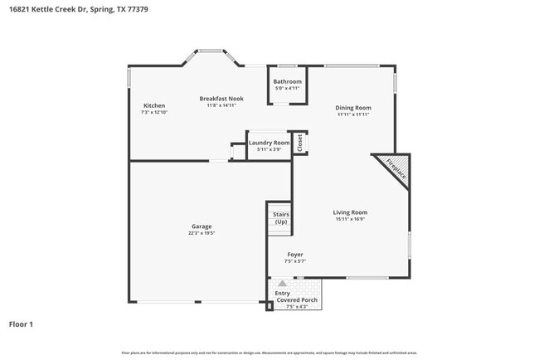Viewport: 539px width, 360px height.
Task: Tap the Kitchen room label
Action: [x=154, y=105]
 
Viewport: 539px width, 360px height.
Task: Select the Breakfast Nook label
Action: [x=221, y=98]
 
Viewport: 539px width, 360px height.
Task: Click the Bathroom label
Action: [x=288, y=81]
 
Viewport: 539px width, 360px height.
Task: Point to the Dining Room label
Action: [x=352, y=108]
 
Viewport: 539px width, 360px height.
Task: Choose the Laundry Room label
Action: [x=269, y=143]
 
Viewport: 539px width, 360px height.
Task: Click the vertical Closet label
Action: [x=300, y=143]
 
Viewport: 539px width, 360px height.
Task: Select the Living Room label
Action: [x=350, y=212]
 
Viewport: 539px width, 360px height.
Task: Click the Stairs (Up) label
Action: [x=280, y=218]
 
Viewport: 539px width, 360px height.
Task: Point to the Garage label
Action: [x=202, y=226]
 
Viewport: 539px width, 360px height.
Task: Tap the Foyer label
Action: [x=295, y=255]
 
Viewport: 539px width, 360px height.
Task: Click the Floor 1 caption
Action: [x=21, y=324]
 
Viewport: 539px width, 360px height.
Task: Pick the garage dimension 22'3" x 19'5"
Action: [x=202, y=234]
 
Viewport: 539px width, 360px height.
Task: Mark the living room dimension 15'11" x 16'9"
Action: [x=350, y=220]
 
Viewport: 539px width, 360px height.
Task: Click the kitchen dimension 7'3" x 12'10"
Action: [x=154, y=112]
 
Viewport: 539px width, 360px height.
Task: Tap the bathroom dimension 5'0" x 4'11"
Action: [x=288, y=88]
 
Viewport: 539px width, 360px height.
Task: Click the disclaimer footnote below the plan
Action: [x=269, y=353]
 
